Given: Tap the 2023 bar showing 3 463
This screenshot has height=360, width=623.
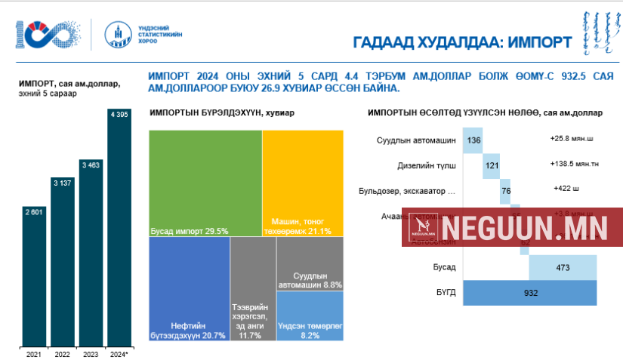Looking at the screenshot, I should pyautogui.click(x=91, y=253).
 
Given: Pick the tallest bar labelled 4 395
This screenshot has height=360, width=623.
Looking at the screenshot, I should pyautogui.click(x=120, y=226).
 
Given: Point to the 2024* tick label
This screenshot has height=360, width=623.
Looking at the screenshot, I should pyautogui.click(x=119, y=353).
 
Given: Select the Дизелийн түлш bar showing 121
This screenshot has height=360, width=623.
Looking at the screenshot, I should pyautogui.click(x=491, y=165).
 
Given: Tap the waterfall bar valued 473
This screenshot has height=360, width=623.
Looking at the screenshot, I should pyautogui.click(x=563, y=267).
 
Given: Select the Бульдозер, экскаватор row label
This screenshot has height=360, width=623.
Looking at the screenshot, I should pyautogui.click(x=417, y=191).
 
